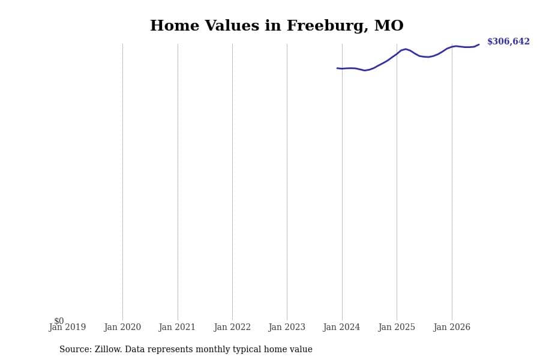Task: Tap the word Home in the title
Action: click(x=175, y=25)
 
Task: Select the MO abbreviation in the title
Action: click(x=389, y=25)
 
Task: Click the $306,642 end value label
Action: click(x=508, y=41)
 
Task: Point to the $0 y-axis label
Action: click(x=59, y=321)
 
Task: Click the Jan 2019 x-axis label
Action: click(x=67, y=327)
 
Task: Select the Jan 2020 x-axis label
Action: click(x=122, y=327)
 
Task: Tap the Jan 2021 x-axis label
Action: click(x=177, y=327)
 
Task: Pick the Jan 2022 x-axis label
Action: click(x=232, y=327)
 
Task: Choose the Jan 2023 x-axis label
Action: click(x=287, y=327)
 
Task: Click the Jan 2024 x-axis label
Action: click(x=341, y=327)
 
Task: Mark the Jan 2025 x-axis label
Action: click(x=397, y=327)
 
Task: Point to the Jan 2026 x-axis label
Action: click(x=452, y=327)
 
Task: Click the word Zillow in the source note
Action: click(x=108, y=349)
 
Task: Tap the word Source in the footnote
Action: click(x=76, y=349)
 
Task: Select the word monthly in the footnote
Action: click(x=213, y=350)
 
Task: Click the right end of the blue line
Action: click(x=479, y=44)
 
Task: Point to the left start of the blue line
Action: click(x=337, y=68)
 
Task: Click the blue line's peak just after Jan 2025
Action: click(x=406, y=49)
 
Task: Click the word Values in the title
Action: click(x=232, y=25)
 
